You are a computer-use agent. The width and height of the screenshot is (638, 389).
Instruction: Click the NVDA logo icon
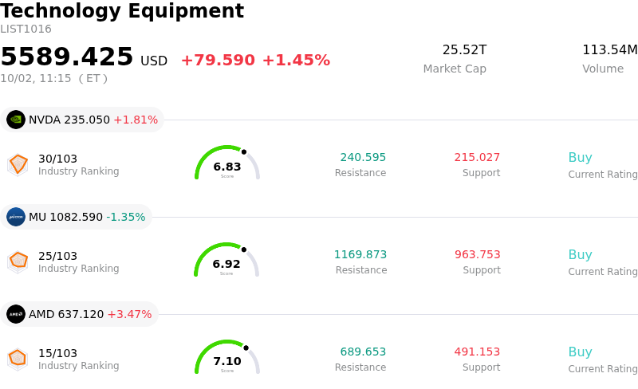[16, 120]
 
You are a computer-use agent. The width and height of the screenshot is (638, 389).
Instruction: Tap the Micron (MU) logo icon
[16, 217]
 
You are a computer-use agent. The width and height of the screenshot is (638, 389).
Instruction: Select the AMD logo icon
[16, 314]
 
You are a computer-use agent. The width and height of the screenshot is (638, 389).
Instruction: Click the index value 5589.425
[67, 56]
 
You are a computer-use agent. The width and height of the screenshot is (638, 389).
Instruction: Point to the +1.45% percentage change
[296, 61]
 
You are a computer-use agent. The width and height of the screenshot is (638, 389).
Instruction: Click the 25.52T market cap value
[464, 49]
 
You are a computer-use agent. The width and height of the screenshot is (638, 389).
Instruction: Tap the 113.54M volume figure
[610, 49]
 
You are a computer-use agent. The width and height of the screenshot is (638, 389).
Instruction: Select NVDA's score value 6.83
[227, 167]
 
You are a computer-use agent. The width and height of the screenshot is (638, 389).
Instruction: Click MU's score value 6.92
[226, 264]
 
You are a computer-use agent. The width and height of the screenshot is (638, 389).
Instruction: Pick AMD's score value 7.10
[227, 361]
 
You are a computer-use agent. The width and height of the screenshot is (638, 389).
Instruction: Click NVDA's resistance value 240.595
[363, 157]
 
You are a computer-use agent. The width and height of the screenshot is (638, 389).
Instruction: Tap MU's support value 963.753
[477, 254]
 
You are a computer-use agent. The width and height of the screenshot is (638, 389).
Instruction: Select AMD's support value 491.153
[477, 352]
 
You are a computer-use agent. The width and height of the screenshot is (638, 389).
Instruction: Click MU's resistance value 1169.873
[360, 254]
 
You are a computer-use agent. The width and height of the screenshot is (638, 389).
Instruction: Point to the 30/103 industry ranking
[57, 159]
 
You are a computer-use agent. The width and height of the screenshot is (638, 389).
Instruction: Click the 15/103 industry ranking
[57, 353]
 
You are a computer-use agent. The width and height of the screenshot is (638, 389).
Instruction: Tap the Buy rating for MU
[581, 255]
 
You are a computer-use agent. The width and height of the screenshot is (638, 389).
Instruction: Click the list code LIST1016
[26, 29]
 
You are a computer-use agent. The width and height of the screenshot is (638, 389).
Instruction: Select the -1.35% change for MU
[126, 217]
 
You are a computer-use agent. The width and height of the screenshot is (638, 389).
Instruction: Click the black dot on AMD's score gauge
[246, 348]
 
